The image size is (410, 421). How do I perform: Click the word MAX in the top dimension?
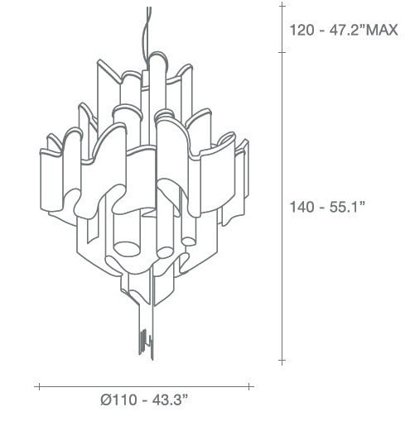click(381, 30)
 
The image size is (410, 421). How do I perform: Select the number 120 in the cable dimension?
click(302, 30)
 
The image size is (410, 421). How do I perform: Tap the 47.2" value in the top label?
click(346, 30)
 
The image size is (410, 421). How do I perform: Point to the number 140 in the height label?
click(302, 207)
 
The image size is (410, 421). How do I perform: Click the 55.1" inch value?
click(347, 207)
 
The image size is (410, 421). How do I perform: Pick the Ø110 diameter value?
click(118, 399)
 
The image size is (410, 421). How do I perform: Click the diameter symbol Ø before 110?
click(106, 399)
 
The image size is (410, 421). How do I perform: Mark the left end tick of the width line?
click(39, 386)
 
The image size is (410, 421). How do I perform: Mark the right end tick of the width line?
click(248, 386)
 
